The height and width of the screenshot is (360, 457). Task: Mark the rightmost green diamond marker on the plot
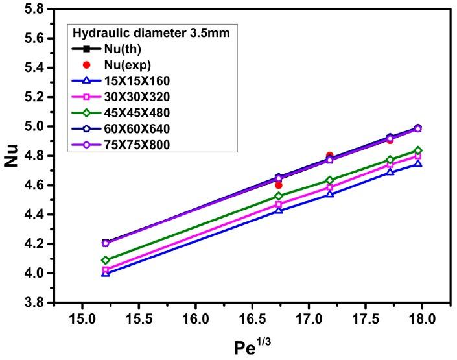click(418, 150)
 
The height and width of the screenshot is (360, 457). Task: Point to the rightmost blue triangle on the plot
click(418, 163)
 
